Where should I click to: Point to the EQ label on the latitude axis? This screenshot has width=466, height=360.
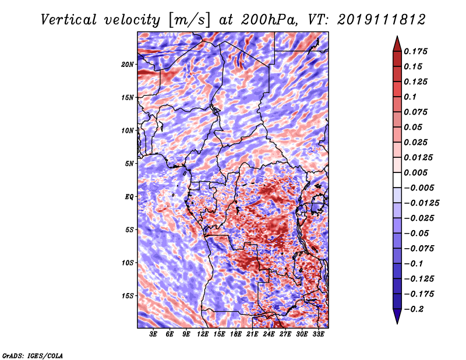[129, 196]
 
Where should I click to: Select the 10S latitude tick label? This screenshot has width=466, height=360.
[128, 263]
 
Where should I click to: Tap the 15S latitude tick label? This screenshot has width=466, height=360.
[128, 296]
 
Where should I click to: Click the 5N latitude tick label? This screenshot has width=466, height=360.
[130, 164]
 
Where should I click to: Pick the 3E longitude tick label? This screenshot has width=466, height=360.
[154, 334]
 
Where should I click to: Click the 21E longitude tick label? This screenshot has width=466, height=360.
[253, 334]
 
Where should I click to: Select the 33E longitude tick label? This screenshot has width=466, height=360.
[319, 334]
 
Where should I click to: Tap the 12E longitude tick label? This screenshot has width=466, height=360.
[203, 334]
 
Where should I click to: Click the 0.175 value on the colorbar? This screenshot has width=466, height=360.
[416, 51]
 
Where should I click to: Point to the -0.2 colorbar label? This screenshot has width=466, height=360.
[414, 309]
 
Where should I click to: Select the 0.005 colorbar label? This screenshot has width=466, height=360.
[416, 172]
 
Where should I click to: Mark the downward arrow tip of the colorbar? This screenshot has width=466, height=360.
[396, 322]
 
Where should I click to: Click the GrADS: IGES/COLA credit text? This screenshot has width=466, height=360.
[33, 355]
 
